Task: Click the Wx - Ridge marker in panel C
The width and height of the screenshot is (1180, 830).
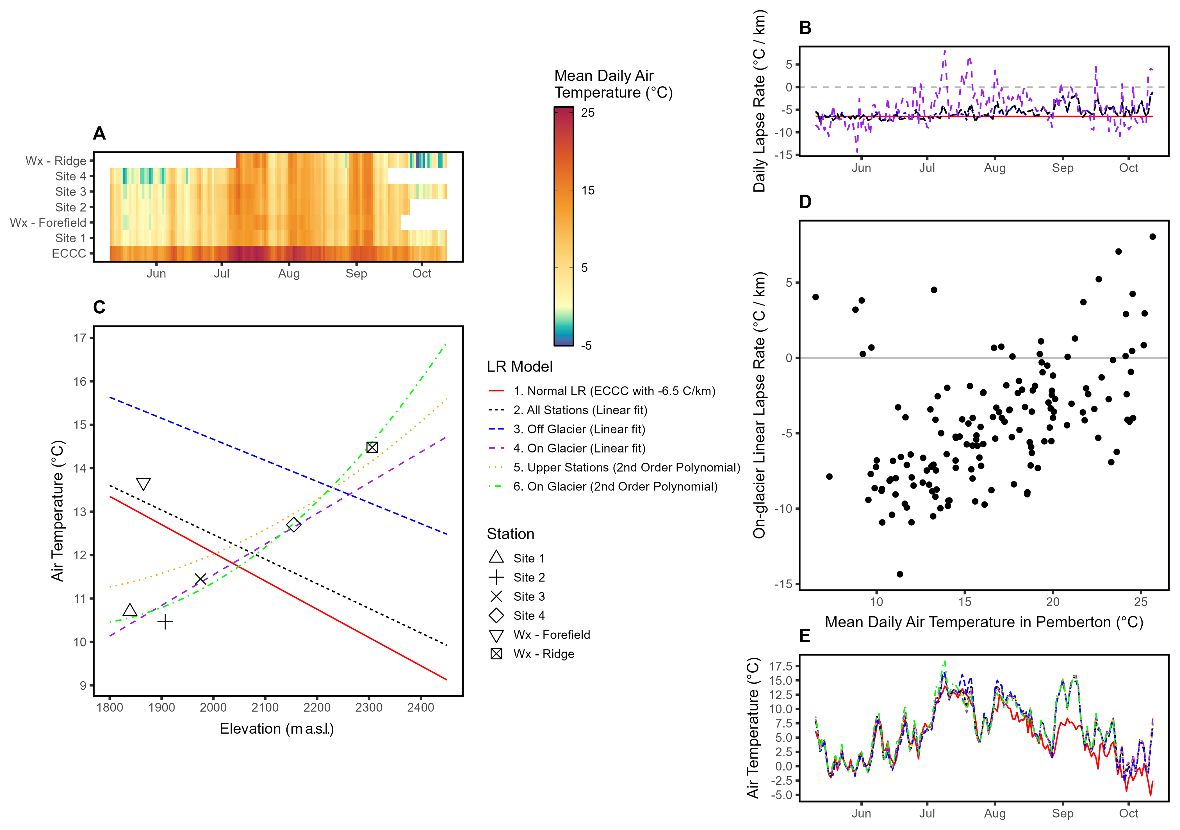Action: [x=372, y=447]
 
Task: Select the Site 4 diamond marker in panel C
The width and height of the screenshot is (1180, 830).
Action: [x=293, y=524]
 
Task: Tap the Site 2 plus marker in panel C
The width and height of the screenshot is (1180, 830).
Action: [x=165, y=622]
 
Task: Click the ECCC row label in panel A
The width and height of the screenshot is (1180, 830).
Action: [x=69, y=254]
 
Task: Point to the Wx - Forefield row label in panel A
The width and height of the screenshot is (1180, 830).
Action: [x=48, y=223]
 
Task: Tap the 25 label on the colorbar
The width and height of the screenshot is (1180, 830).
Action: [x=588, y=113]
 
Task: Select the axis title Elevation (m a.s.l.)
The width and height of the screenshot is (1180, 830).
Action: [x=277, y=729]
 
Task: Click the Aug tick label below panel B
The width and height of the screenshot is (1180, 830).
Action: [x=994, y=168]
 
